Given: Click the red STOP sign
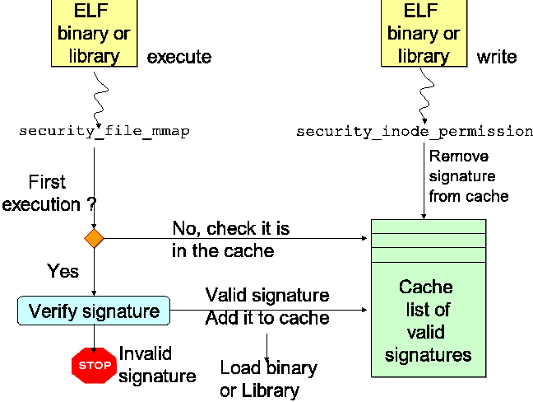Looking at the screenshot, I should click(94, 363).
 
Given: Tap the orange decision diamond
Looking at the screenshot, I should click(94, 239).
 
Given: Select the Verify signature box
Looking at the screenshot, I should click(94, 311).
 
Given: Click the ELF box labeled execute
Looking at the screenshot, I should click(95, 33).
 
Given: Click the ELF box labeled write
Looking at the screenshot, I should click(424, 33).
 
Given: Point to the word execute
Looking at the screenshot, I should click(178, 57).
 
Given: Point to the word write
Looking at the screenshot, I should click(497, 57).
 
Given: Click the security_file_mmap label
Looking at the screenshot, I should click(104, 131).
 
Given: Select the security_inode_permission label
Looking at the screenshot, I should click(415, 131).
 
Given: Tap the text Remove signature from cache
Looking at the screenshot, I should click(468, 176).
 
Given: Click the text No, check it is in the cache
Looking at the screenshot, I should click(230, 239).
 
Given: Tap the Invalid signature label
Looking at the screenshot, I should click(157, 364).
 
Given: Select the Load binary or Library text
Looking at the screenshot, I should click(267, 379).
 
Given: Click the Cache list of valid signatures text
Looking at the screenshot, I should click(428, 321).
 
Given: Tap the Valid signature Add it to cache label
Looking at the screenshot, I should click(266, 306).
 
